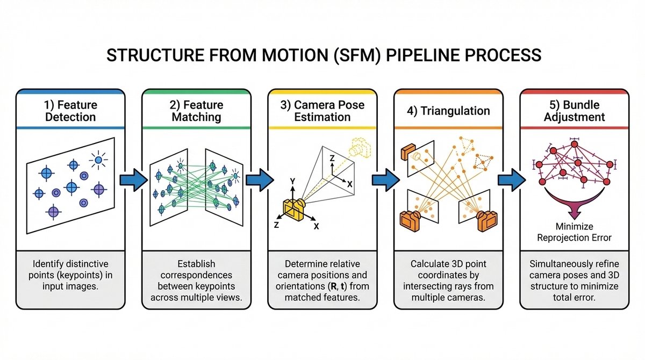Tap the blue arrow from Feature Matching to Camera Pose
[x=259, y=179]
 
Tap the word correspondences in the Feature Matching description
[x=196, y=275]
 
